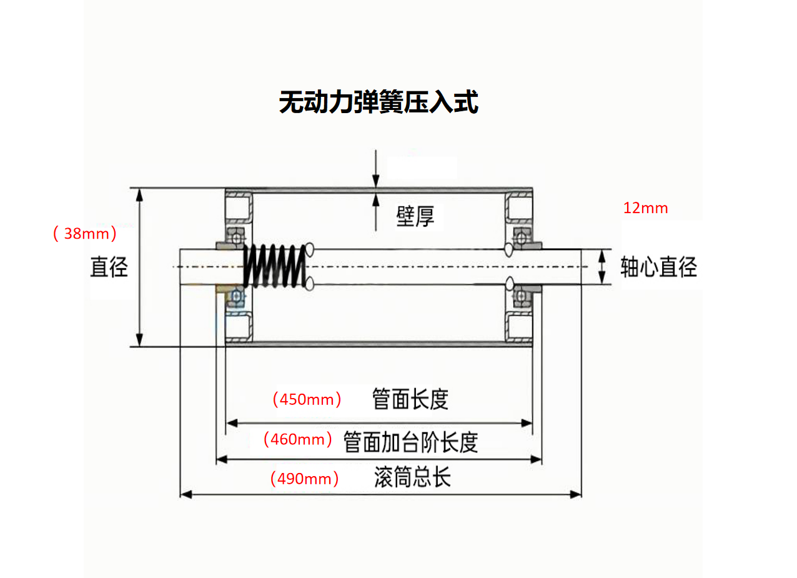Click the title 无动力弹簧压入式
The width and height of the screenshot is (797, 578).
(379, 102)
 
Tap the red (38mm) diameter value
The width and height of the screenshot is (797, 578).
(85, 234)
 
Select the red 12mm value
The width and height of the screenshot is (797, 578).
(645, 208)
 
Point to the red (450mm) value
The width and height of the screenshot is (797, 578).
(307, 399)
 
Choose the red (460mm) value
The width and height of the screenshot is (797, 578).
(298, 439)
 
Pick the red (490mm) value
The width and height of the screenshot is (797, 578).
(304, 479)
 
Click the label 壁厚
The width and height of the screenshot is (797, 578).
(415, 216)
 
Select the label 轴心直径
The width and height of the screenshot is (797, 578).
(658, 267)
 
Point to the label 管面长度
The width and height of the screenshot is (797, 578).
(410, 399)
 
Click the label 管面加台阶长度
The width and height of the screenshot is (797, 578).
(411, 442)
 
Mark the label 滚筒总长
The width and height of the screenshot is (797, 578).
(412, 478)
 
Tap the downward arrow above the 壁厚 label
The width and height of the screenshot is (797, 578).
(376, 179)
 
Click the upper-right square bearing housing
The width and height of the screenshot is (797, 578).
(518, 207)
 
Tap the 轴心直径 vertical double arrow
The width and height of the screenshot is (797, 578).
(602, 267)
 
